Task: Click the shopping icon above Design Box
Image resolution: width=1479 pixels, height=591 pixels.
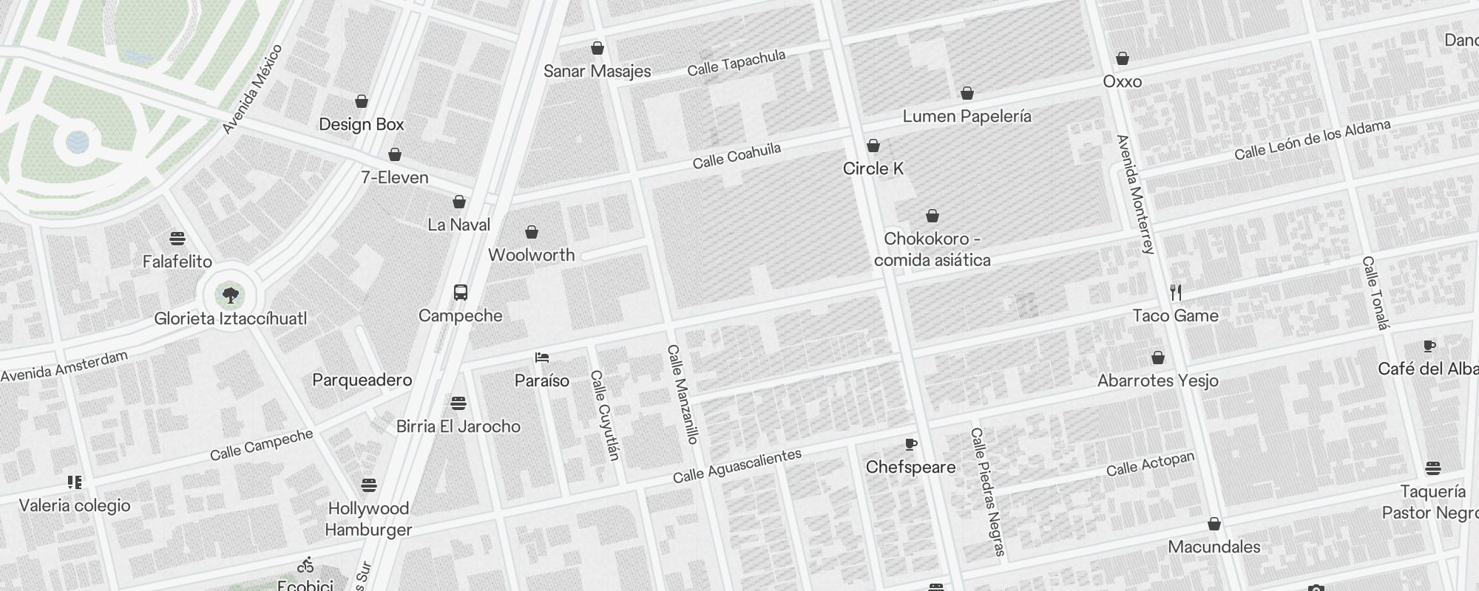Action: pyautogui.click(x=362, y=101)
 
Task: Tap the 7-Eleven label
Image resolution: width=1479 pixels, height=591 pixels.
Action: pyautogui.click(x=395, y=177)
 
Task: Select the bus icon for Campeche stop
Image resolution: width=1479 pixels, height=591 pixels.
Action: pyautogui.click(x=461, y=293)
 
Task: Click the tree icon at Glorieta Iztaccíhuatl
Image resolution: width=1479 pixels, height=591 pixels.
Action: pyautogui.click(x=231, y=295)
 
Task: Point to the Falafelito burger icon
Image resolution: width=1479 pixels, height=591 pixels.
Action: pyautogui.click(x=177, y=239)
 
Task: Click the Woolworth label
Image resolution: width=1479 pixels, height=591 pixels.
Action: pyautogui.click(x=531, y=255)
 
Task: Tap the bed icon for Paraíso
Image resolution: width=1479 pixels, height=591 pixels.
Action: pyautogui.click(x=542, y=358)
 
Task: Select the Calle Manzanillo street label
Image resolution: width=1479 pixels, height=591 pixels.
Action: pyautogui.click(x=683, y=394)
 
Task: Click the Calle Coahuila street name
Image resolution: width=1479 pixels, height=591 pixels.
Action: pyautogui.click(x=737, y=155)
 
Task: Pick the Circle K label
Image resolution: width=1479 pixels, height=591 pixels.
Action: pyautogui.click(x=873, y=168)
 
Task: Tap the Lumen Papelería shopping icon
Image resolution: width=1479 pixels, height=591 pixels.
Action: pyautogui.click(x=967, y=93)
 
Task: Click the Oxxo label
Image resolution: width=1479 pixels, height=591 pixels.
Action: pyautogui.click(x=1123, y=81)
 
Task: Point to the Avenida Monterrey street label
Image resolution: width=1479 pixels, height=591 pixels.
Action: pyautogui.click(x=1135, y=194)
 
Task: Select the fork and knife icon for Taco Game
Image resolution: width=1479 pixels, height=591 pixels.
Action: pyautogui.click(x=1176, y=293)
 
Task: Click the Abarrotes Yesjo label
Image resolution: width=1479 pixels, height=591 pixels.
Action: pyautogui.click(x=1158, y=380)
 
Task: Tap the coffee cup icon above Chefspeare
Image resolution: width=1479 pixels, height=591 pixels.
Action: pyautogui.click(x=911, y=444)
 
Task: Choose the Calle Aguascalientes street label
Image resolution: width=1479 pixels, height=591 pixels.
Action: pyautogui.click(x=737, y=465)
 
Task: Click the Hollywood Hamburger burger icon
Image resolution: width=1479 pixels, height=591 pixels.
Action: pyautogui.click(x=369, y=485)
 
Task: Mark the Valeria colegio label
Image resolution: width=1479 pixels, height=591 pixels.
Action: pyautogui.click(x=75, y=505)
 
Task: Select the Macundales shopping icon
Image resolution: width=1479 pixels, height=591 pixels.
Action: pyautogui.click(x=1214, y=525)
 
